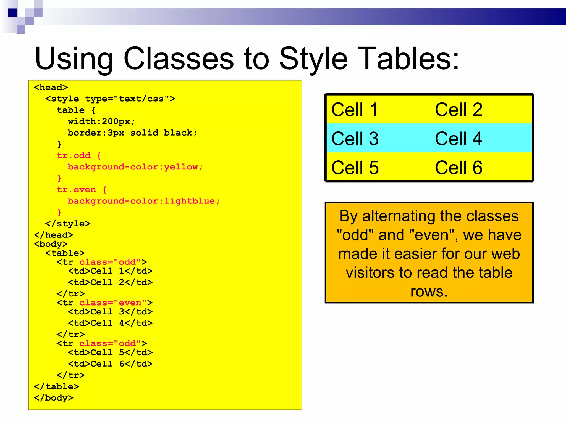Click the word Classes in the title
coord(179,59)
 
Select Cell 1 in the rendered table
coord(355,110)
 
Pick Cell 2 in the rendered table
coord(458,110)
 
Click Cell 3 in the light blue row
coord(355,139)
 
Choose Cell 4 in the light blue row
coord(458,139)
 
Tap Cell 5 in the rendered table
coord(355,168)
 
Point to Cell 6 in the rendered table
coord(458,168)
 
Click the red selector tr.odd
coord(74,155)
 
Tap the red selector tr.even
coord(77,190)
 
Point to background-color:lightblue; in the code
coord(143,201)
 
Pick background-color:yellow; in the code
coord(135,167)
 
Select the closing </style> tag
coord(68,224)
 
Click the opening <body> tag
coord(51,244)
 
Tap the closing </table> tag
coord(56,386)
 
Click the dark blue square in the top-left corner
coord(12,13)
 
